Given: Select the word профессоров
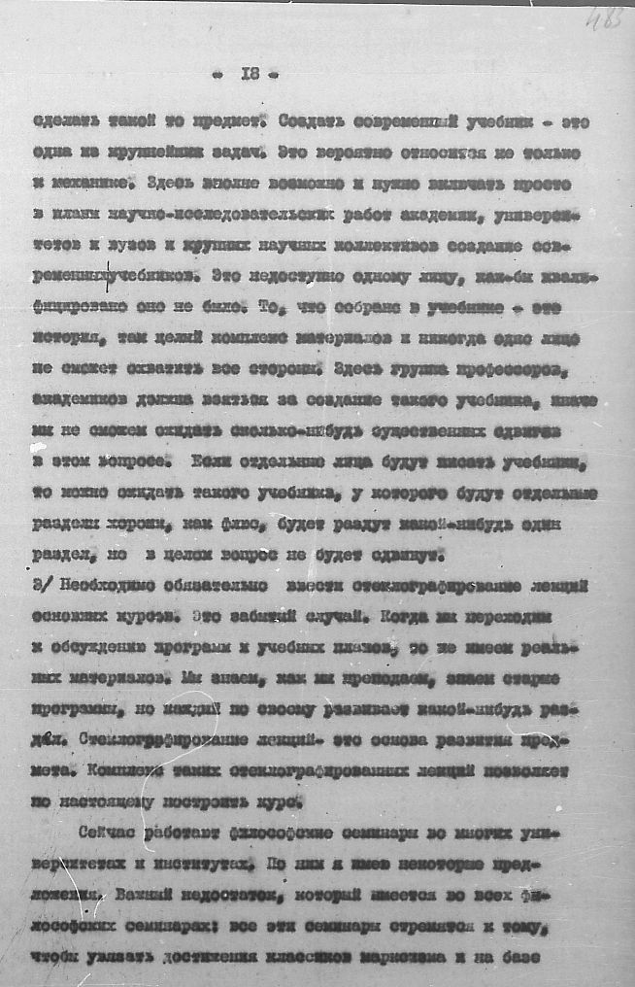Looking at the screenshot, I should point(533,369).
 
